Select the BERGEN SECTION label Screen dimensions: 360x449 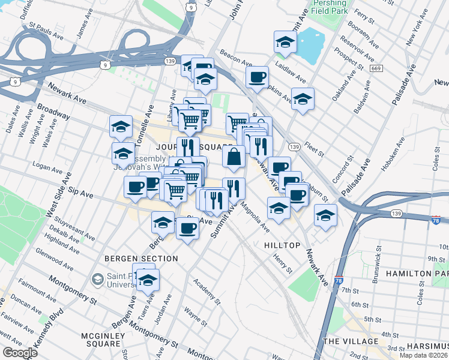pyautogui.click(x=141, y=259)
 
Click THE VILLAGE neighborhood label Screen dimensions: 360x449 pyautogui.click(x=351, y=341)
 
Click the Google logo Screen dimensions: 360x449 pyautogui.click(x=19, y=353)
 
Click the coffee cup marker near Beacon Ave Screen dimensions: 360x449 pyautogui.click(x=257, y=77)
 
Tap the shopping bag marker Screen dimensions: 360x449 pyautogui.click(x=234, y=157)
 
